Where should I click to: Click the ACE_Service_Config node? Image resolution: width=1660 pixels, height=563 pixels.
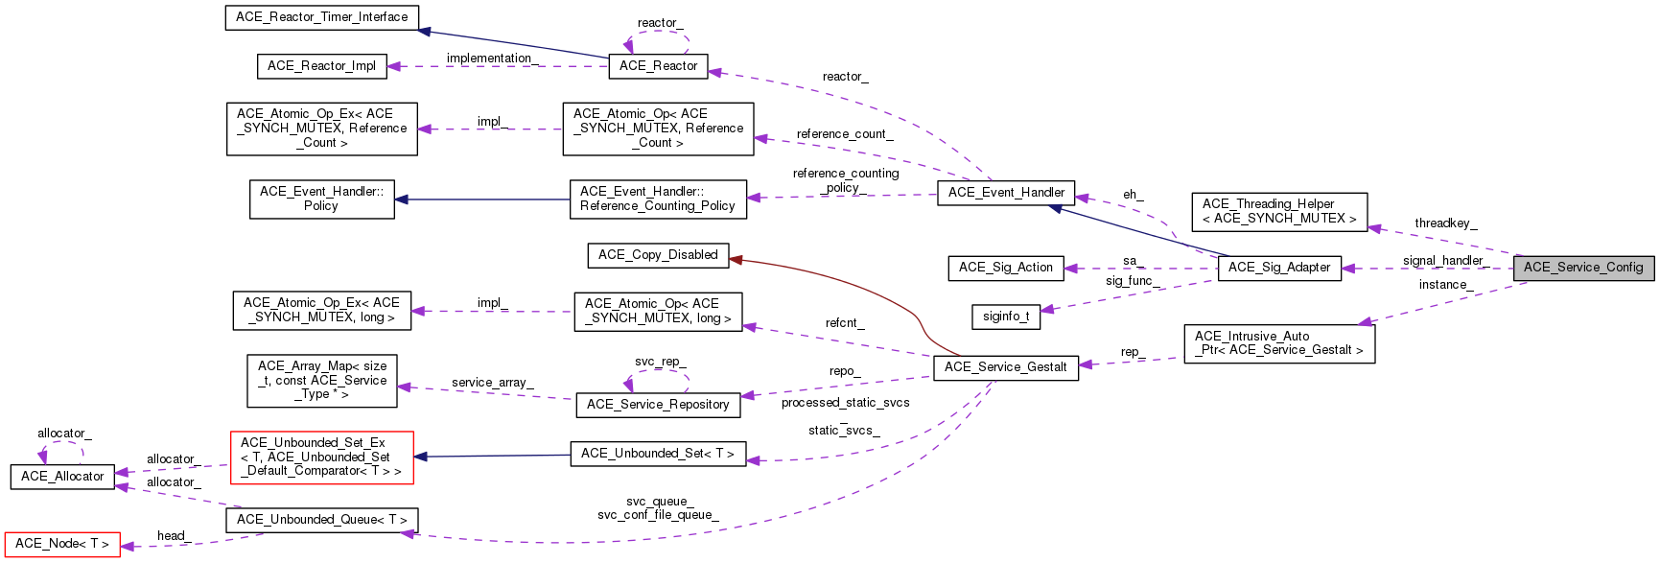(x=1583, y=268)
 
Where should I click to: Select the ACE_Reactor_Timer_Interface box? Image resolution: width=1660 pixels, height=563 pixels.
(x=321, y=17)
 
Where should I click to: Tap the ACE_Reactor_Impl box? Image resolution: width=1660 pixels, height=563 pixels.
(x=321, y=66)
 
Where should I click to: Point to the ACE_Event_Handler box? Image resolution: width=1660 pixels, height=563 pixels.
(x=1006, y=193)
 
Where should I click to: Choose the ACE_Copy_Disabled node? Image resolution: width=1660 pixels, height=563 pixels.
(x=658, y=255)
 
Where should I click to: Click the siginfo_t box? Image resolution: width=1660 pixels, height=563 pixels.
(x=1006, y=317)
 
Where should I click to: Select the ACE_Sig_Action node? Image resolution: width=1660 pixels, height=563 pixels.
(x=1006, y=268)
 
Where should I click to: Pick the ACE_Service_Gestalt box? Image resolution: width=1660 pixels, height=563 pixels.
(x=1005, y=367)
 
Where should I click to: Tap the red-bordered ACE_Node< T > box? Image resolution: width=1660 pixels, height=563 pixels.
(x=62, y=544)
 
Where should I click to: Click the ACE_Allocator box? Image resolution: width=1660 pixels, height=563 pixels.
(x=62, y=477)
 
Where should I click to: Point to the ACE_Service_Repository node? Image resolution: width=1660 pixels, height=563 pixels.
(x=658, y=405)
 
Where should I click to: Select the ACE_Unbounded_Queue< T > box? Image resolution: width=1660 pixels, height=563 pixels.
(x=321, y=520)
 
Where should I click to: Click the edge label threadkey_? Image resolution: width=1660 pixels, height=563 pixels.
(x=1445, y=223)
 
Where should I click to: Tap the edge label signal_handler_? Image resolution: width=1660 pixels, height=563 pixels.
(x=1444, y=261)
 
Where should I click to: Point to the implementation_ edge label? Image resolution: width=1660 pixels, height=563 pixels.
(x=492, y=59)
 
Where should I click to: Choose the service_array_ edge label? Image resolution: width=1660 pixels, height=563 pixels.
(x=492, y=383)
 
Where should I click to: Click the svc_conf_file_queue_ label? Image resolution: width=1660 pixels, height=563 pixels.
(x=658, y=515)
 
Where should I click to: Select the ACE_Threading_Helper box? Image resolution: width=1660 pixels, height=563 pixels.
(x=1279, y=211)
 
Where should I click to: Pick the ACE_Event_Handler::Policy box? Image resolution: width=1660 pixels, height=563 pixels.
(x=321, y=199)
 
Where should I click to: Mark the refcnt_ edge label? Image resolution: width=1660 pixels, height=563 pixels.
(x=844, y=323)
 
